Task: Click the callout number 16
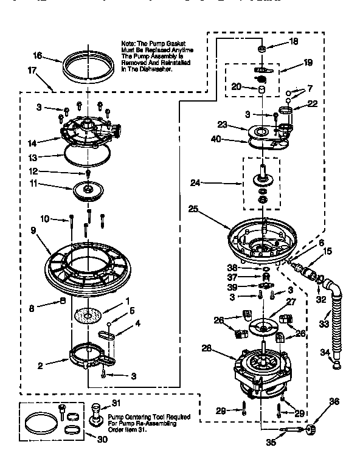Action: (x=38, y=55)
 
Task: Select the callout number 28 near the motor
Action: (x=206, y=348)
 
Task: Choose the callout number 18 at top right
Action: (x=294, y=42)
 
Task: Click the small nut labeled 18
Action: (x=260, y=48)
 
